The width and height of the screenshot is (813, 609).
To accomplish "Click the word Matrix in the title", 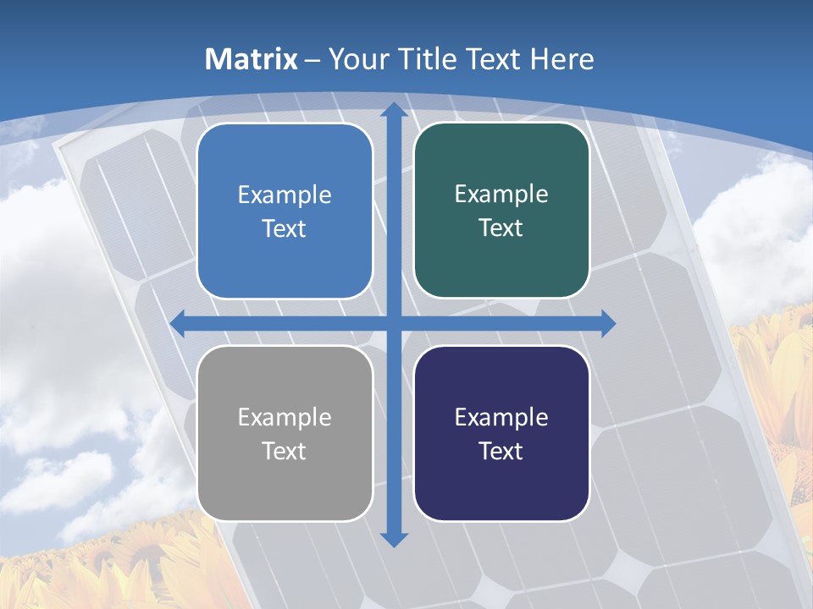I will coord(252,59).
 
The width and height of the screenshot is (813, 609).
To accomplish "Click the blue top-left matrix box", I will coord(285,211).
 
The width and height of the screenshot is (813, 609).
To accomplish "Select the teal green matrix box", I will coord(501,211).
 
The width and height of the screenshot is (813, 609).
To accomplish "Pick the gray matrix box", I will coord(285,433).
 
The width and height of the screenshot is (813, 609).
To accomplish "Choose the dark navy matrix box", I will coord(501,433).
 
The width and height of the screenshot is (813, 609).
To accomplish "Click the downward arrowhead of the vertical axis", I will coord(394,539).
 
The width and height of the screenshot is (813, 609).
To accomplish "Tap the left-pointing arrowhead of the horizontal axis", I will coord(178,323).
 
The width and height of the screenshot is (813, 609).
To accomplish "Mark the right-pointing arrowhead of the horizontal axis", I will coord(607,323).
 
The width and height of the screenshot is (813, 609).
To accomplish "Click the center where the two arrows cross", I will coord(394,323).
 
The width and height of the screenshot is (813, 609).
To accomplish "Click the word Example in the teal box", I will coord(501,195).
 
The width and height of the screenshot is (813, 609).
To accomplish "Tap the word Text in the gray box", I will coord(285,451).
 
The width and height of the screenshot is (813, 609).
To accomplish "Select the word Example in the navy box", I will coord(501,417).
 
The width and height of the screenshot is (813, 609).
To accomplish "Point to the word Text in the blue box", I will coord(285,229).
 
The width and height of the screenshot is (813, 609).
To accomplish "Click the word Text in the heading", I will coord(493,59).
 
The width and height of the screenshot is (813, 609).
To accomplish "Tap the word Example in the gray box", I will coord(285,417).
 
